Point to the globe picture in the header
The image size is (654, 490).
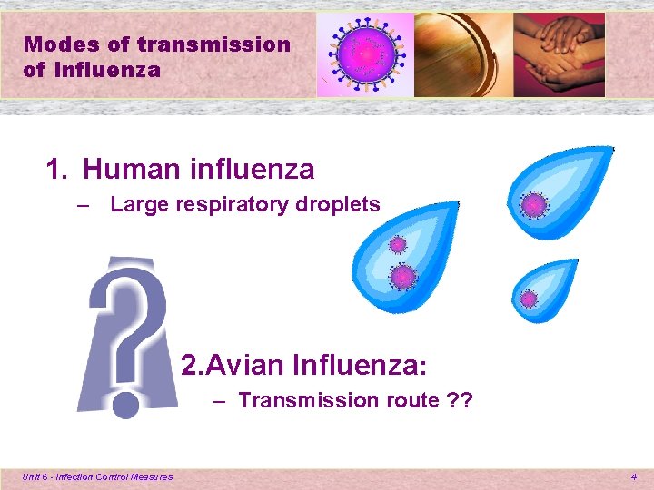463,54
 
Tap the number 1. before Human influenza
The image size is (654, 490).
57,169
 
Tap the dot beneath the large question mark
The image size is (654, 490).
125,405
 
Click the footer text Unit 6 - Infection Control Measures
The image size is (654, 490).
98,476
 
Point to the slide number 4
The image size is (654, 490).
634,476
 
